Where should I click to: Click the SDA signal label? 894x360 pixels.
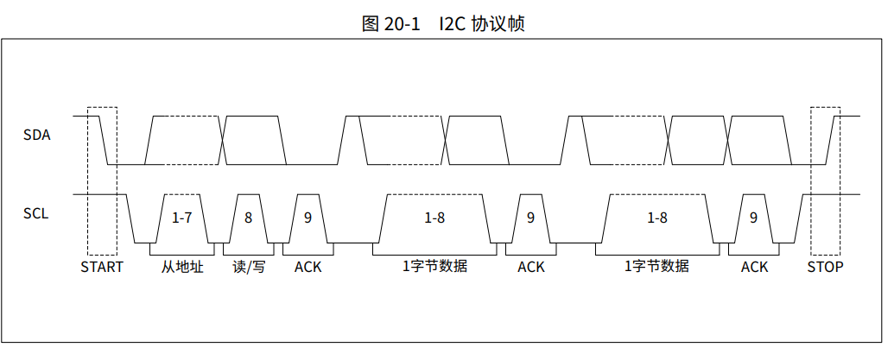(x=37, y=135)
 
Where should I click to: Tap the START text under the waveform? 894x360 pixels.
(x=102, y=267)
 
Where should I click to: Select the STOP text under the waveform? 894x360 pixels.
(x=825, y=267)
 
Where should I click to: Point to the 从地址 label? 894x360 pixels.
(x=182, y=267)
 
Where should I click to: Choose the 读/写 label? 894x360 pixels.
(x=249, y=267)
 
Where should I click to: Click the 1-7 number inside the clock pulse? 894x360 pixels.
(x=181, y=218)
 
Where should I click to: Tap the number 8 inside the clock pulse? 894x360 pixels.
(x=248, y=218)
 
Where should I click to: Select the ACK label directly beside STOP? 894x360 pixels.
(x=754, y=267)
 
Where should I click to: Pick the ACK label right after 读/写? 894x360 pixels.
(x=308, y=267)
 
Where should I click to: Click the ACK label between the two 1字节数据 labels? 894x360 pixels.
(x=531, y=267)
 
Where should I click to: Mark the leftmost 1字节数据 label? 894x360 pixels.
(x=434, y=267)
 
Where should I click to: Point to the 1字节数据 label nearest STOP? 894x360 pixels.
(x=657, y=267)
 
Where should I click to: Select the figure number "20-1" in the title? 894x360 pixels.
(x=402, y=23)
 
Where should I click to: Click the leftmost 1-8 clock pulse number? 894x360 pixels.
(x=434, y=218)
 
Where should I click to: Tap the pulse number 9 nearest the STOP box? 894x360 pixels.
(x=753, y=218)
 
